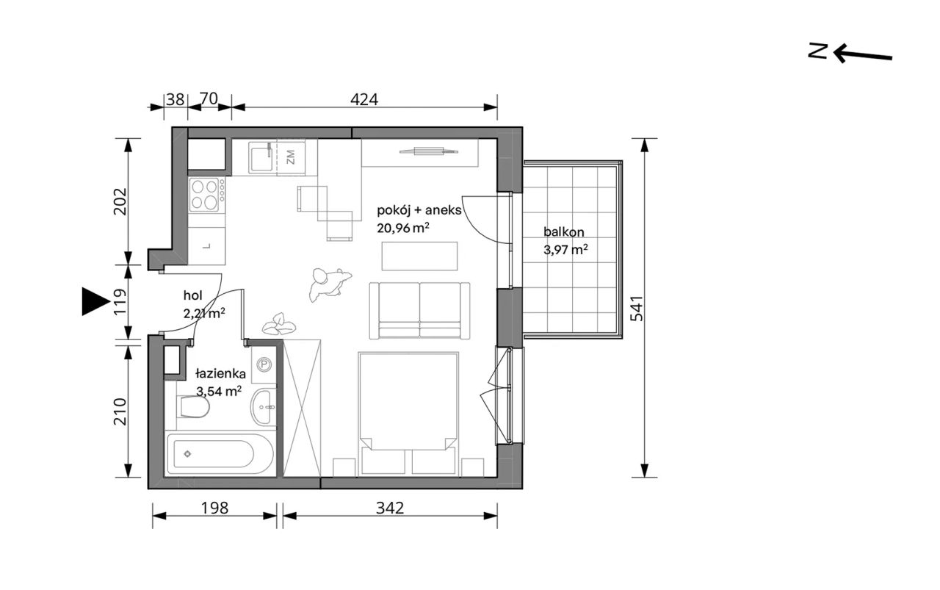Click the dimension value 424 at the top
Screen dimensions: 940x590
[364, 99]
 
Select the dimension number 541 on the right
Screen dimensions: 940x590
[637, 309]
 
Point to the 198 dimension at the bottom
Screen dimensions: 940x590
[214, 508]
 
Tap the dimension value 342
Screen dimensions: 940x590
[390, 508]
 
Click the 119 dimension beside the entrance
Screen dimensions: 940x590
[120, 301]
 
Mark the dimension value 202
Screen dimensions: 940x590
[120, 201]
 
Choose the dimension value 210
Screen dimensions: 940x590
[120, 411]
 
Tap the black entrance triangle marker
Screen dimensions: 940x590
[95, 301]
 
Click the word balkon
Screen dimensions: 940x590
[563, 231]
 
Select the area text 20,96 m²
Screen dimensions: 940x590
[403, 228]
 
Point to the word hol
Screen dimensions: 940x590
[192, 295]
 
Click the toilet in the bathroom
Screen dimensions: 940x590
[193, 407]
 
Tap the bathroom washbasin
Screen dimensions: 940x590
[264, 406]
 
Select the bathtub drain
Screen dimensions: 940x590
[187, 453]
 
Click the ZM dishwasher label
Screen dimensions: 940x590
[290, 157]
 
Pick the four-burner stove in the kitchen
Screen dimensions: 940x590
[205, 195]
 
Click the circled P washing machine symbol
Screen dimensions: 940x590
[264, 364]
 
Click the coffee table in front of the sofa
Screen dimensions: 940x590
[419, 256]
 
